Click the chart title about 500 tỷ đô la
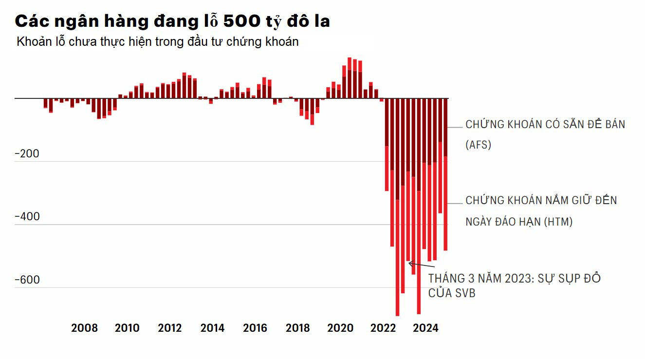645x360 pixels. pyautogui.click(x=172, y=21)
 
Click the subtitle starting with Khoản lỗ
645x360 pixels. pyautogui.click(x=157, y=42)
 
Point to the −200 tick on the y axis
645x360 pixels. pyautogui.click(x=27, y=154)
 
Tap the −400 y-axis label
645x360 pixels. pyautogui.click(x=27, y=217)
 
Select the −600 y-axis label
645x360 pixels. pyautogui.click(x=27, y=280)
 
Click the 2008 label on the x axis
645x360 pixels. pyautogui.click(x=84, y=328)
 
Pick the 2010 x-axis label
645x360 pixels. pyautogui.click(x=127, y=328)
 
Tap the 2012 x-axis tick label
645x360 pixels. pyautogui.click(x=170, y=328)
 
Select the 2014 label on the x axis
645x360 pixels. pyautogui.click(x=212, y=328)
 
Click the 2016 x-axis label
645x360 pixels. pyautogui.click(x=255, y=328)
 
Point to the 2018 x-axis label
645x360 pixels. pyautogui.click(x=297, y=328)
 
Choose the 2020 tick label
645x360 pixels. pyautogui.click(x=340, y=328)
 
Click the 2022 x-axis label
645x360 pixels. pyautogui.click(x=383, y=328)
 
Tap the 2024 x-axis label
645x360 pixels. pyautogui.click(x=425, y=328)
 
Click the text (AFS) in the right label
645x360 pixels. pyautogui.click(x=478, y=145)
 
